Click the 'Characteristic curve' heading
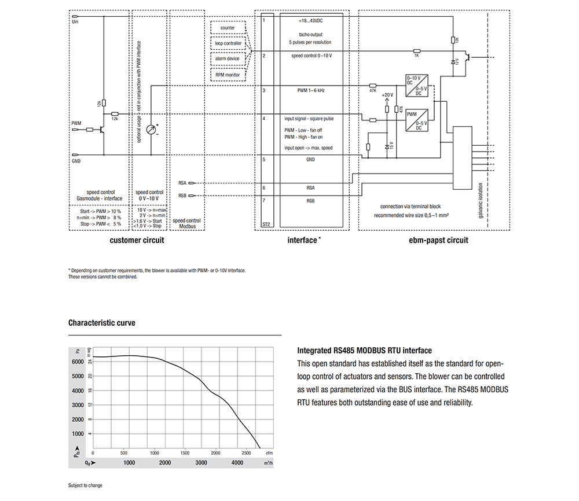pos(102,323)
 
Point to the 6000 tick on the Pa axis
pos(78,362)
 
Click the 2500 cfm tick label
pos(245,452)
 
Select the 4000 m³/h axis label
pos(237,463)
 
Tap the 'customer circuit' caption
pos(137,240)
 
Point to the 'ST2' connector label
pos(266,224)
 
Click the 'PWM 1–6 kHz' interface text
pos(311,91)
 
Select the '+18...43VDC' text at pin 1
pos(311,20)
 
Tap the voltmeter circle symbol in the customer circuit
pos(152,130)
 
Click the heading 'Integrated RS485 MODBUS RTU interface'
pos(364,351)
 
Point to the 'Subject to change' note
pos(85,485)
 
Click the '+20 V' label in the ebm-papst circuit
pos(387,94)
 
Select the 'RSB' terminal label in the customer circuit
pos(182,196)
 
